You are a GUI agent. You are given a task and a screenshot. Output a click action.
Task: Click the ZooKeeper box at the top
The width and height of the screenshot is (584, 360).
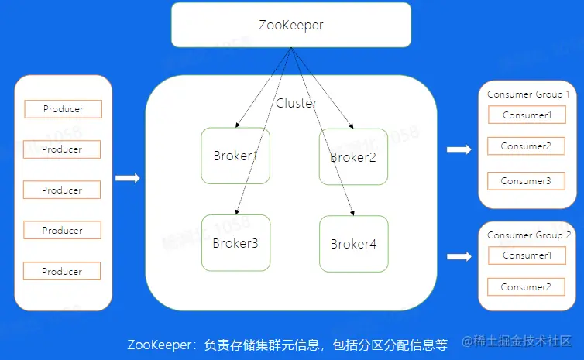pyautogui.click(x=290, y=25)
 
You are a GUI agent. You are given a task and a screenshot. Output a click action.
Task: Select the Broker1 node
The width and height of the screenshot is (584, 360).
pyautogui.click(x=235, y=156)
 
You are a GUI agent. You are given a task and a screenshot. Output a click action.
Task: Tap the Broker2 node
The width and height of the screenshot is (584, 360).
pyautogui.click(x=353, y=156)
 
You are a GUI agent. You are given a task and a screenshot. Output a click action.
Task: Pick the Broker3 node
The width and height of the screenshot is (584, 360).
pyautogui.click(x=235, y=243)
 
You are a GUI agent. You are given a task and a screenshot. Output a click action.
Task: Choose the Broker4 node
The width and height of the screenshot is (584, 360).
pyautogui.click(x=353, y=244)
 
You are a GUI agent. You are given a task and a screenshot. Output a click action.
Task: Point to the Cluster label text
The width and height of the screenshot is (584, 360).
pyautogui.click(x=297, y=103)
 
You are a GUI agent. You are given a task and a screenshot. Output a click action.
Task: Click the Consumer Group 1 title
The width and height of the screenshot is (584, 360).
pyautogui.click(x=528, y=94)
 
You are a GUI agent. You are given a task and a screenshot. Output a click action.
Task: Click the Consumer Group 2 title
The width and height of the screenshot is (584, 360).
pyautogui.click(x=529, y=235)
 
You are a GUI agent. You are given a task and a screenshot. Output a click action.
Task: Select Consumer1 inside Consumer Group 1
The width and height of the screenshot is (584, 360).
pyautogui.click(x=527, y=115)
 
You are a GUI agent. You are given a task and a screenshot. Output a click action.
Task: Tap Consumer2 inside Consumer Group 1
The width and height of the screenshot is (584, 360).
pyautogui.click(x=526, y=146)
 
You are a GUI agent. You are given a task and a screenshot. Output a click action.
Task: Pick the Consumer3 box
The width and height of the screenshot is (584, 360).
pyautogui.click(x=526, y=181)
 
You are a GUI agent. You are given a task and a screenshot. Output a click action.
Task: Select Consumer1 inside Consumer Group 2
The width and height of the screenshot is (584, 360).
pyautogui.click(x=527, y=255)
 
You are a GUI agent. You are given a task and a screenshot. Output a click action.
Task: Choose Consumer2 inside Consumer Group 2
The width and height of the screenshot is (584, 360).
pyautogui.click(x=526, y=287)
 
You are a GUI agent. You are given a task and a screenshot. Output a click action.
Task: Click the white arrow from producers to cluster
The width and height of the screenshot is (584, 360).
pyautogui.click(x=128, y=179)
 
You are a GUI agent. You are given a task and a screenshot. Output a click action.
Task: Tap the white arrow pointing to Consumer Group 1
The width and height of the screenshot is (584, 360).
pyautogui.click(x=459, y=149)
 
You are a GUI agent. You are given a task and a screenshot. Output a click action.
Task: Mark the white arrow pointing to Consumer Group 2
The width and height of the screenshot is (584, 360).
pyautogui.click(x=459, y=257)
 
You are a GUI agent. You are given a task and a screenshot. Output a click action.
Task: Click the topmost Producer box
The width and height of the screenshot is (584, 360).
pyautogui.click(x=63, y=109)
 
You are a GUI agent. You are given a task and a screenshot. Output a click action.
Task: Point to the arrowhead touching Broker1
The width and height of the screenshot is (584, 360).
pyautogui.click(x=237, y=125)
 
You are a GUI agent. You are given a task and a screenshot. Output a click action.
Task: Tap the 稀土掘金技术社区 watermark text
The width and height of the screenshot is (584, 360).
pyautogui.click(x=522, y=341)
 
